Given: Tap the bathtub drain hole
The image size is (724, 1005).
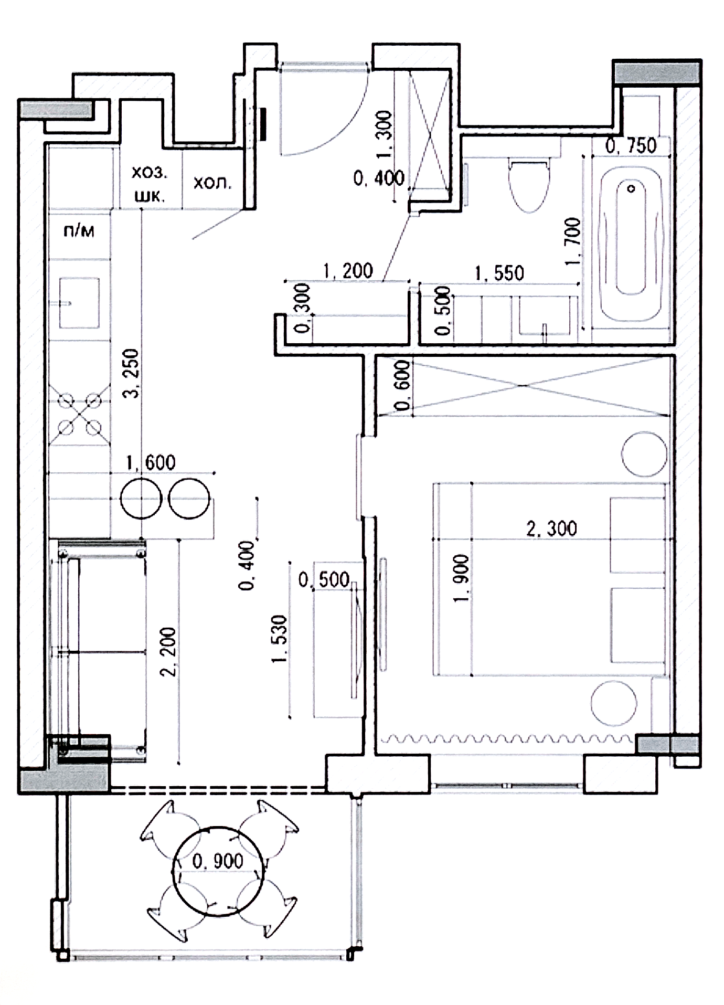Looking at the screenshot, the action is pos(631,188).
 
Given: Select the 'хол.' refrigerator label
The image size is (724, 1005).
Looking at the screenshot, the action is pos(212,183).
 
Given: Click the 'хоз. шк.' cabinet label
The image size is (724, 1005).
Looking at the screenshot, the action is pos(150,184).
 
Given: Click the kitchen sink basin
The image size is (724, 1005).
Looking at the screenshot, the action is pos(79,303).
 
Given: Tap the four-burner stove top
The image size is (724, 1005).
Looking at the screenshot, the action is pos(80,415).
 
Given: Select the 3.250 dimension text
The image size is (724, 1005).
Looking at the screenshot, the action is pos(131,373).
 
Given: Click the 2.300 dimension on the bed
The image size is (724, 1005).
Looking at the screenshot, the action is pos(551,528).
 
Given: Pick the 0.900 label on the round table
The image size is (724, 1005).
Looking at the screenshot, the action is pos(218,861).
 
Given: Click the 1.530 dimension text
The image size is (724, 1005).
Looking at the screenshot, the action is pos(280,639).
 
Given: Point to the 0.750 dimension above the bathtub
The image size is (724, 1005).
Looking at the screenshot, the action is pos(631,145).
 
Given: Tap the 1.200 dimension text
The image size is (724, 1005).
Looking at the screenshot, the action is pos(348,271).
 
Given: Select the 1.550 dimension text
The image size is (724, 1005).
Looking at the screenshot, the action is pos(499,273).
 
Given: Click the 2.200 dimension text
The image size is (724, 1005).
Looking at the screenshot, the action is pos(169,651).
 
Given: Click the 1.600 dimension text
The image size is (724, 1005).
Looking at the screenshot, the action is pos(151,462).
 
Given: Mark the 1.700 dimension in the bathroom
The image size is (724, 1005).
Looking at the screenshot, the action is pos(573,241).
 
